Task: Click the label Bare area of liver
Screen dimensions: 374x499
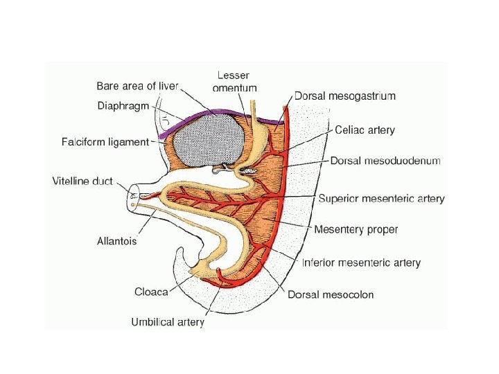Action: point(137,86)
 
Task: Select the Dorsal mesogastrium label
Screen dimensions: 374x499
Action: point(345,96)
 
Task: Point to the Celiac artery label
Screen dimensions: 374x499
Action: point(365,129)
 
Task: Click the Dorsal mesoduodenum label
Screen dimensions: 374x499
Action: point(385,161)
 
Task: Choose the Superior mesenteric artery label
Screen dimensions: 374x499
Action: point(381,198)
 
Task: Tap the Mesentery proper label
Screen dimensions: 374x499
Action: point(356,229)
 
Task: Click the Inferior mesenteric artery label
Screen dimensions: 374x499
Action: point(361,262)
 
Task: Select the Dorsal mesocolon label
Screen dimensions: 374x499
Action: point(331,294)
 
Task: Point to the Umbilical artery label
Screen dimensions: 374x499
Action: point(168,322)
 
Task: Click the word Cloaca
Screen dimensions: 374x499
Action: point(151,292)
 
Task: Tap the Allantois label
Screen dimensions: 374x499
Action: point(116,242)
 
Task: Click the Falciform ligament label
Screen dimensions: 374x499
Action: point(105,142)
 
